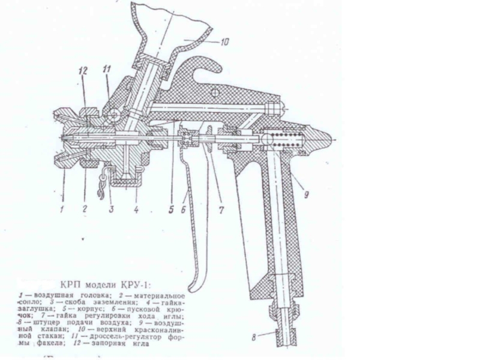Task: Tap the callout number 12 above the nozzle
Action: pos(83,71)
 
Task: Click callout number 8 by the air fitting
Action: pos(254,338)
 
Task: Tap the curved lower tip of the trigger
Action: pos(194,282)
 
